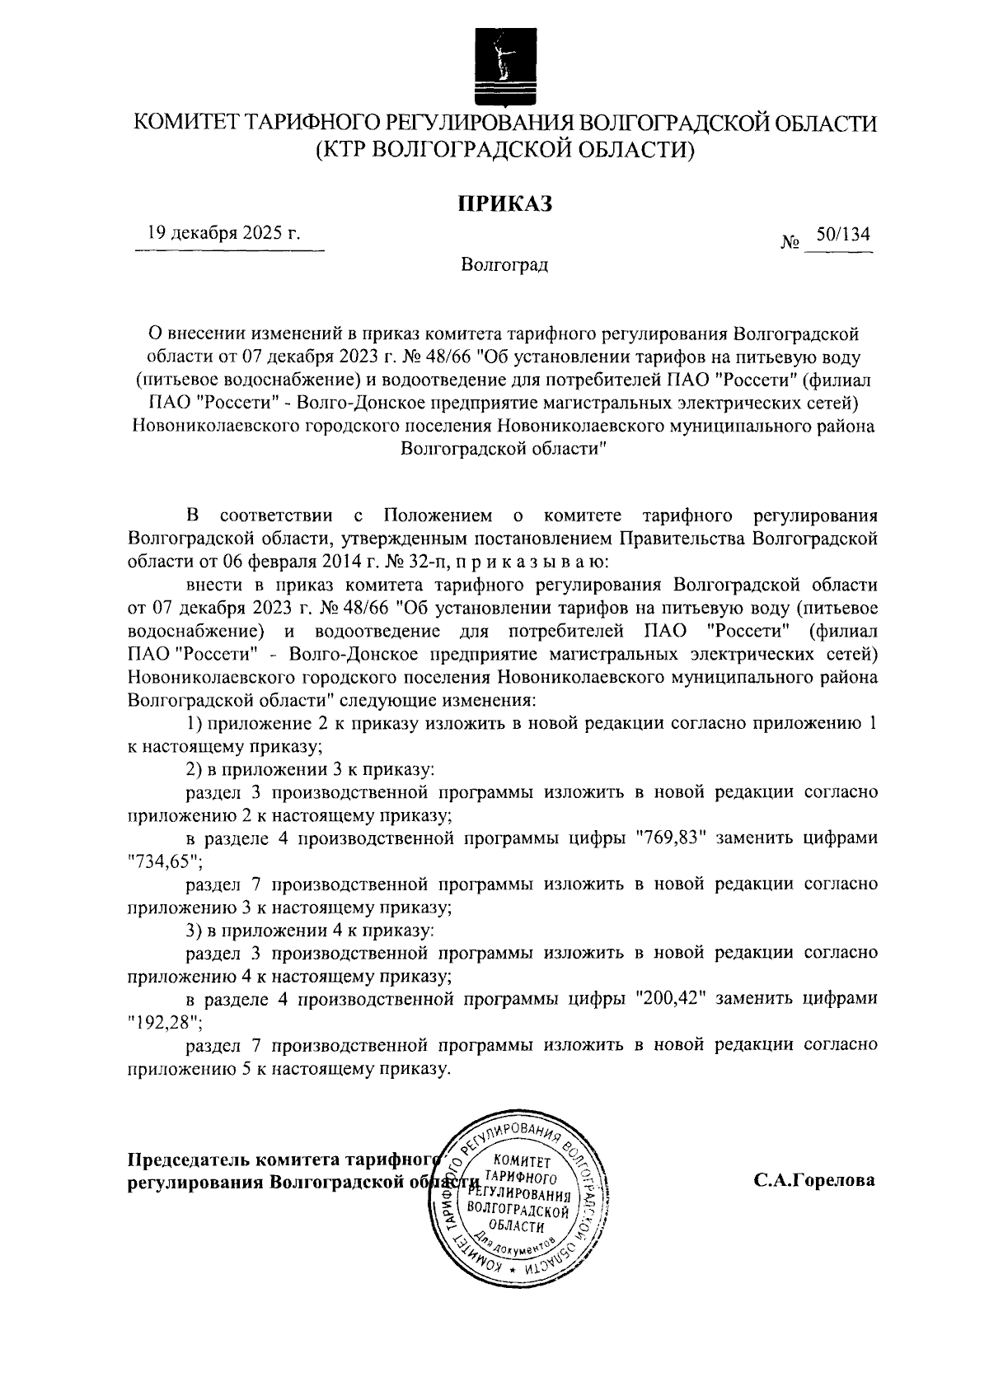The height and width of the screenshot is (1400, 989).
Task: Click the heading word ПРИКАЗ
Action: pos(504,203)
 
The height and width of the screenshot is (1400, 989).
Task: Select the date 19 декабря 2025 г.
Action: pos(223,233)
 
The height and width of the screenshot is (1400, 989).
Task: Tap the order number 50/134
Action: pos(841,234)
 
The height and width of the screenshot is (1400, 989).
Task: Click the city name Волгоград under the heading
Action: pos(504,265)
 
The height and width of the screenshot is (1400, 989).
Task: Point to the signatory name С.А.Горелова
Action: pos(814,1180)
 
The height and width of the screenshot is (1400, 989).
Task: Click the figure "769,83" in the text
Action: pos(671,838)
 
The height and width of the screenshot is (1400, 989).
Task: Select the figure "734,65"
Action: pos(165,861)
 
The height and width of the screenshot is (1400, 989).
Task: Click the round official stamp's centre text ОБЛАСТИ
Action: pos(517,1228)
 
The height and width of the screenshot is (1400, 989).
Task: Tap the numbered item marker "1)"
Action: pos(195,723)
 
